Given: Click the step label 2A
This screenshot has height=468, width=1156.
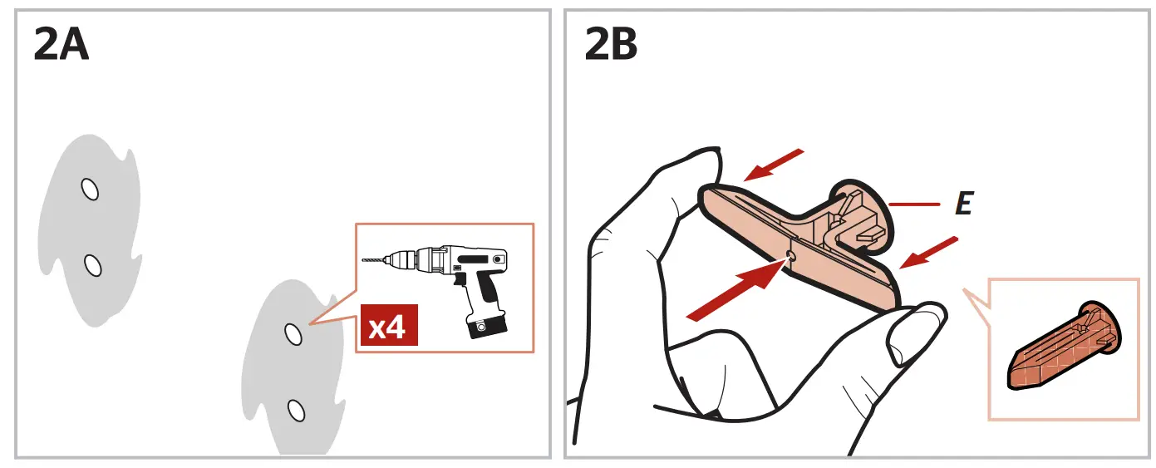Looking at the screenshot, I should click(x=61, y=46).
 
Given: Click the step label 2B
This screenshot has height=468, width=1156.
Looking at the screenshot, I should click(x=611, y=46).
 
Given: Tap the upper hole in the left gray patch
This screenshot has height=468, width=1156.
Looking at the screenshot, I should click(x=90, y=190).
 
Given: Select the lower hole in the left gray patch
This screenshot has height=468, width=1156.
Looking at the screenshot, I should click(x=93, y=265).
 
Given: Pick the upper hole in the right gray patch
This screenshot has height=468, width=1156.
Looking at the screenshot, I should click(x=293, y=333).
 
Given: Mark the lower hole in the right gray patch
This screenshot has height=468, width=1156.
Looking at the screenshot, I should click(x=295, y=410).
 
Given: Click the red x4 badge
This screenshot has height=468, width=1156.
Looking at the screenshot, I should click(x=388, y=327).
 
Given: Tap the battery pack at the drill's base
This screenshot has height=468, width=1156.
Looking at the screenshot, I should click(x=485, y=326).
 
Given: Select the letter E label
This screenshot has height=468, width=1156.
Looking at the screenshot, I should click(x=963, y=204).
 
